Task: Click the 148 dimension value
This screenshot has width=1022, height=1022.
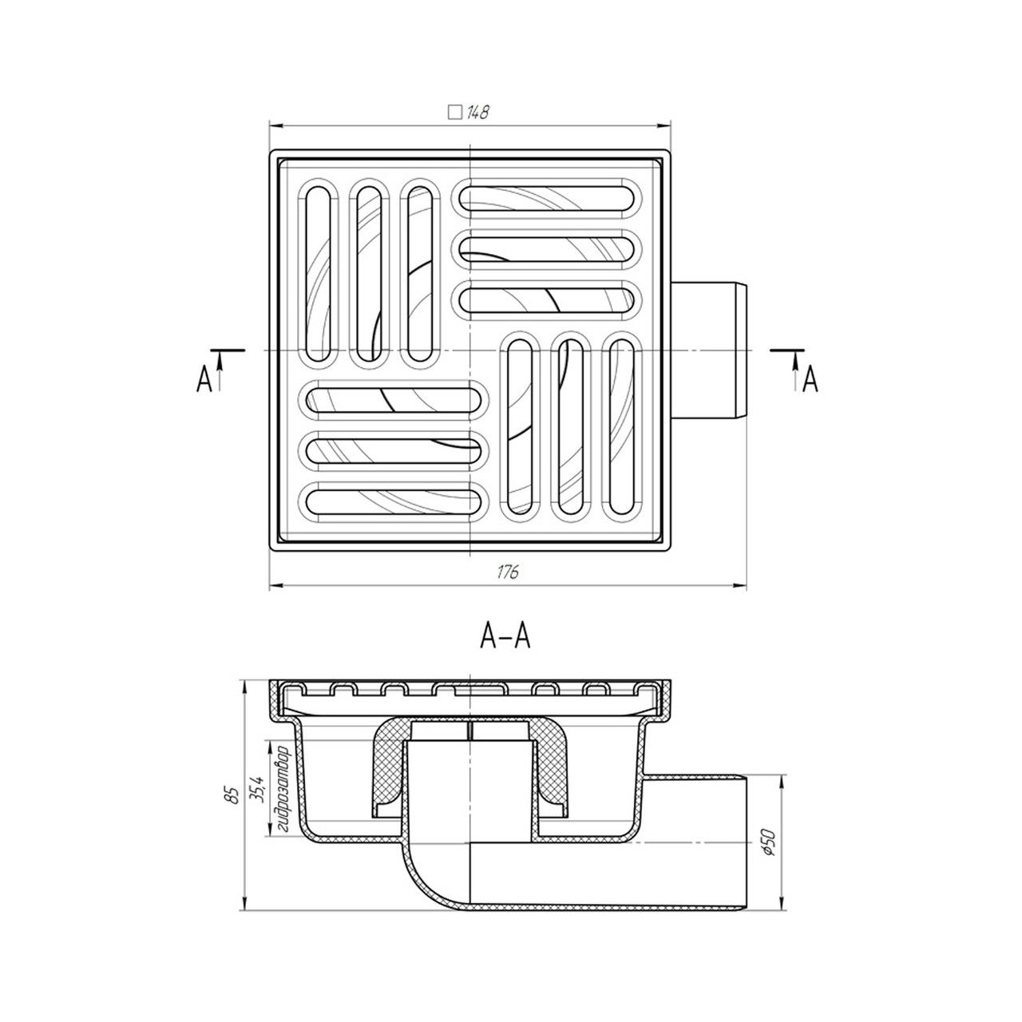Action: point(477,113)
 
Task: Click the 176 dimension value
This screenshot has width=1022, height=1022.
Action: point(508,572)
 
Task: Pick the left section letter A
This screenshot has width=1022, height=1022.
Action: point(204,380)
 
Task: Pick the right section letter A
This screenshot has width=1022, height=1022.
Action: point(810,380)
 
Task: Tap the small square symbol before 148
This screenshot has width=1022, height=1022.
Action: point(454,113)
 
